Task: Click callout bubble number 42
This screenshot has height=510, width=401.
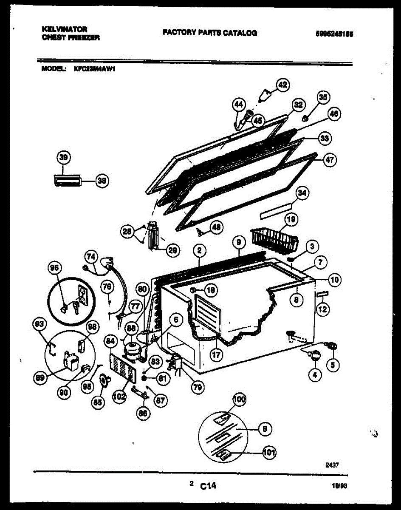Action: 282,85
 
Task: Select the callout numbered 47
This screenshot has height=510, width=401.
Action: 330,160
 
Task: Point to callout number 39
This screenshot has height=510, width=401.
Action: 63,158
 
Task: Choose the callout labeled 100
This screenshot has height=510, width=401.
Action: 240,399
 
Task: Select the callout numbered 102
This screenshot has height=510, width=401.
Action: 120,397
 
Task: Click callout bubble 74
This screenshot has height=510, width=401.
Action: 91,257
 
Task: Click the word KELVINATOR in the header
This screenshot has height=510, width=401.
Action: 65,29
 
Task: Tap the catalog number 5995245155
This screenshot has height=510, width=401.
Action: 334,34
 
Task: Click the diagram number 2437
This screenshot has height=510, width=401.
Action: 333,465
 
